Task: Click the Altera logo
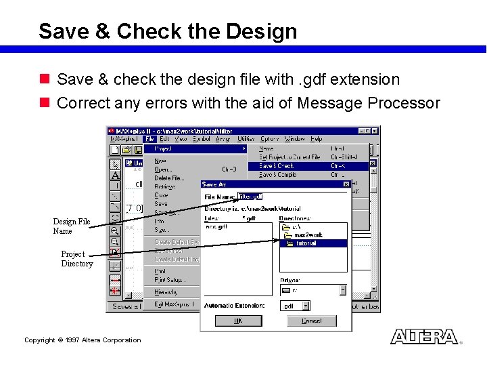424,337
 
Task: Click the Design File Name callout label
72,226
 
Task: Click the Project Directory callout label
76,259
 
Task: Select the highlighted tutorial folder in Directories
306,243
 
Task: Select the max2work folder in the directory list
308,235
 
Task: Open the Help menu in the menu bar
316,139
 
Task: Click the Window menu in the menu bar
294,139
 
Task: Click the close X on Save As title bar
346,184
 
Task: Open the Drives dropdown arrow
342,289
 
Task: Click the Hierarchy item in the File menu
166,292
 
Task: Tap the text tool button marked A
115,175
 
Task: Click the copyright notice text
83,340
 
